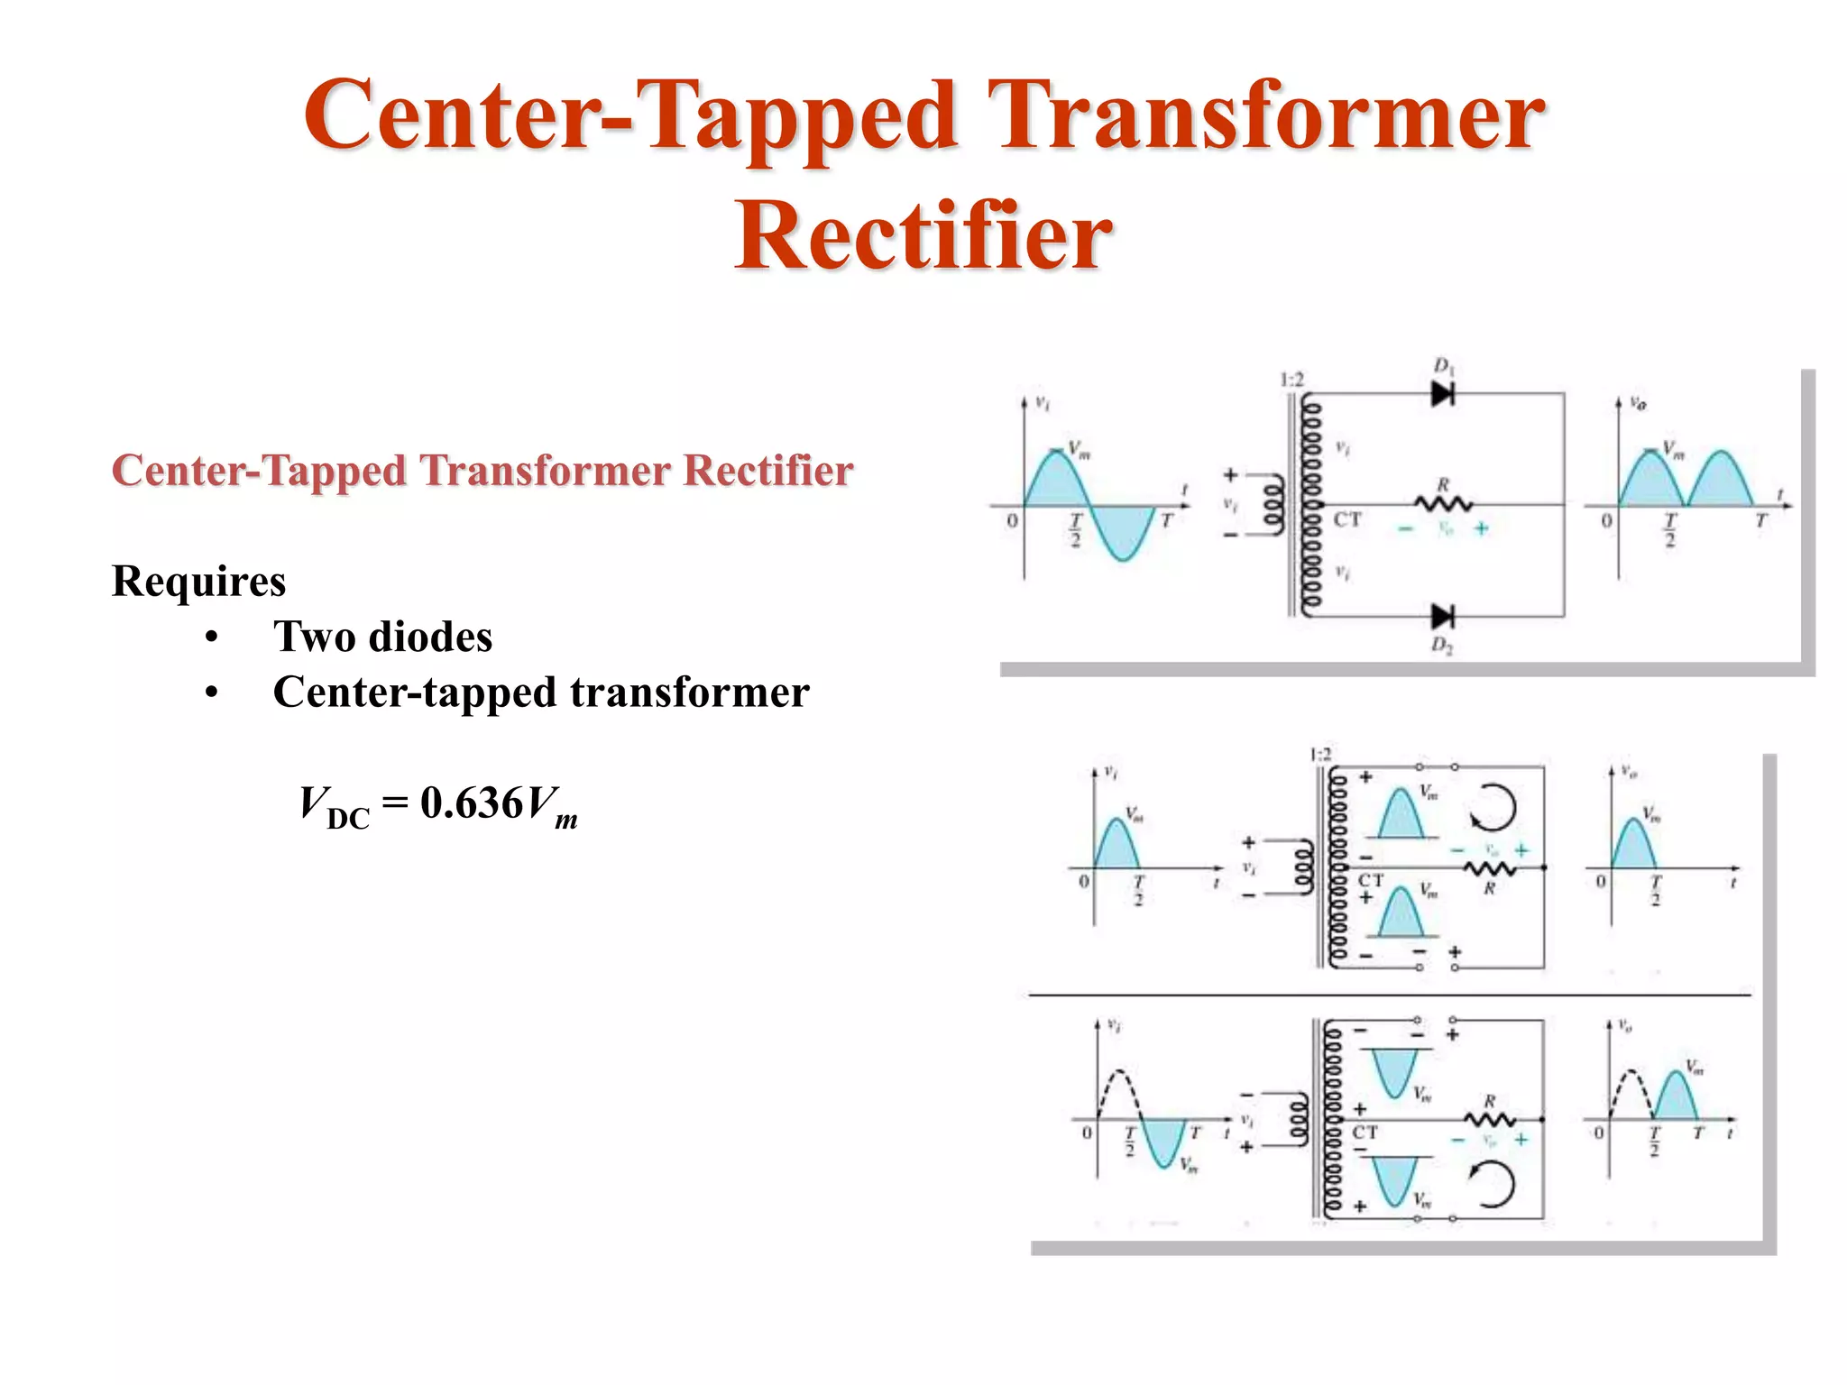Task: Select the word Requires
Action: [198, 581]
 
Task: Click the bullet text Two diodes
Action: [382, 637]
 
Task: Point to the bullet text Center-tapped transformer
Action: [541, 692]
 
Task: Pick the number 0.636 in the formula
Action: [471, 803]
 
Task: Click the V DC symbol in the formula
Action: [334, 805]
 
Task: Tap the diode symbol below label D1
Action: [1442, 394]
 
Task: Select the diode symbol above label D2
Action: [1442, 617]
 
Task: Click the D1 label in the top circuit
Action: [1444, 366]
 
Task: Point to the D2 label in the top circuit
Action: [1442, 646]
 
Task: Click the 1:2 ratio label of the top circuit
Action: [1292, 380]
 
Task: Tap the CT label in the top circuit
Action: [1347, 520]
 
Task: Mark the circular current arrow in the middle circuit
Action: [1493, 807]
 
